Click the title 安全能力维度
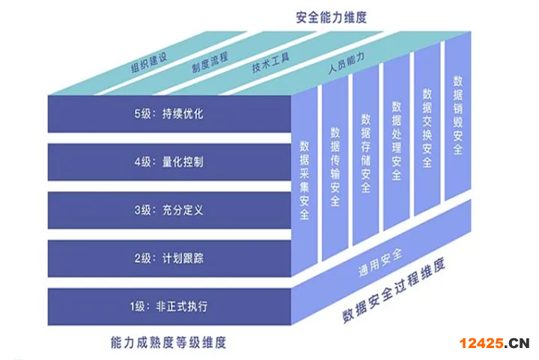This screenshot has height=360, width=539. click(x=332, y=17)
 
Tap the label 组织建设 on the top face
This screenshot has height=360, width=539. click(x=149, y=63)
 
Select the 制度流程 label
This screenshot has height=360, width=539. click(x=210, y=63)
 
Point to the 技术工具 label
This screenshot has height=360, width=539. click(x=270, y=63)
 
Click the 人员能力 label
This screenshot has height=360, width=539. click(x=346, y=63)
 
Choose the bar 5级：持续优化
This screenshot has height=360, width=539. click(x=169, y=114)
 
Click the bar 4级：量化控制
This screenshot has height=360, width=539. click(x=169, y=162)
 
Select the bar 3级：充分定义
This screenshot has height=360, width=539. click(x=169, y=210)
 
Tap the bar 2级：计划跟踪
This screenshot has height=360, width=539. click(x=169, y=258)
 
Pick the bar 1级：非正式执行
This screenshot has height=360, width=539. click(x=169, y=306)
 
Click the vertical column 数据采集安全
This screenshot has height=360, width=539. click(x=304, y=180)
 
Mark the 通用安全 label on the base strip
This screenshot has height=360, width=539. click(x=380, y=263)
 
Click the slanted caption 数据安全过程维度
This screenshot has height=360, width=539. click(x=394, y=290)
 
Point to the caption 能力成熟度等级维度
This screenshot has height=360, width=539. click(x=168, y=343)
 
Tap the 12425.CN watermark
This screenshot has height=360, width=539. click(x=494, y=343)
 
